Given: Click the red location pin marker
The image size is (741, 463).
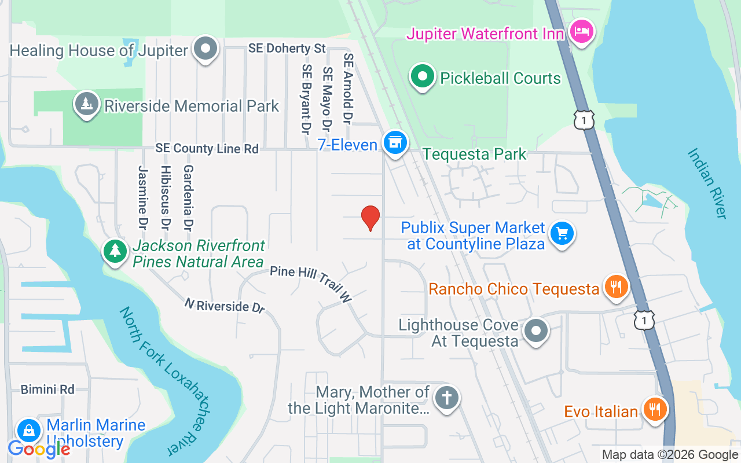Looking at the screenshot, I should click(x=370, y=218).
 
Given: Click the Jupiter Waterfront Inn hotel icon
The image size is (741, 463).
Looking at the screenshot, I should click(x=579, y=31).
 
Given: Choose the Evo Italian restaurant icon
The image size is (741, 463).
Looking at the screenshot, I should click(x=655, y=410).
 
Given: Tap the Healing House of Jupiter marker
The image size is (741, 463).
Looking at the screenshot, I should click(x=205, y=49).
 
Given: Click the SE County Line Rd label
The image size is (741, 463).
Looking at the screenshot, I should click(x=207, y=149).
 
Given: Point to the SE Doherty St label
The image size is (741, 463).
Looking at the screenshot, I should click(x=287, y=49).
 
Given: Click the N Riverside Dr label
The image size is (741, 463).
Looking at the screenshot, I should click(x=225, y=306).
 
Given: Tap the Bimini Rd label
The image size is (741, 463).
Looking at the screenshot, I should click(x=47, y=389).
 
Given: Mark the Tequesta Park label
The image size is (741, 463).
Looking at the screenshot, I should click(x=474, y=154).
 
